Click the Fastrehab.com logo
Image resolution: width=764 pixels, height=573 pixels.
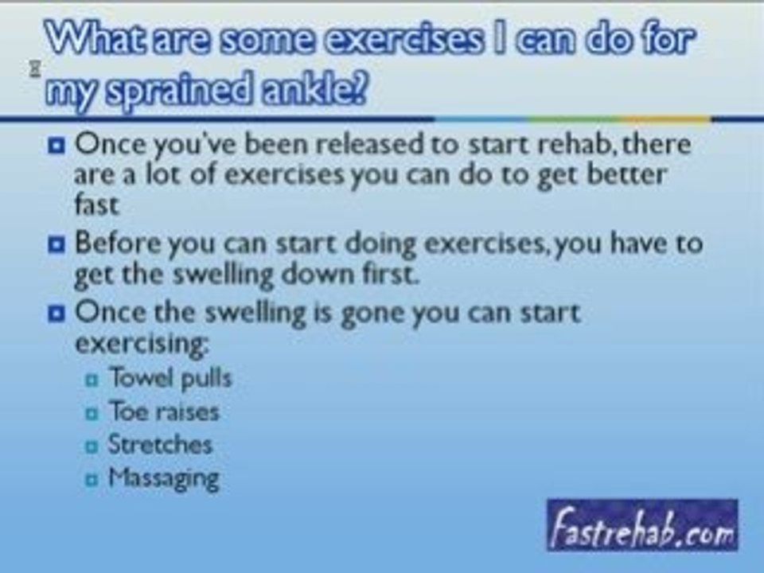coord(642,525)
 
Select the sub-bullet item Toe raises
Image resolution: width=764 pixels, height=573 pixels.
coord(164,411)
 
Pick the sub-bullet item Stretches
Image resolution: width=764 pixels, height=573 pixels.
coord(160,444)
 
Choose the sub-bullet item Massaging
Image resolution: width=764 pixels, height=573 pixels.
coord(164,478)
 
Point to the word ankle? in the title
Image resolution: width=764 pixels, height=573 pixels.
coord(314,88)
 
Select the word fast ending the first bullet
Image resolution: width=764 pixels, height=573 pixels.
coord(96,205)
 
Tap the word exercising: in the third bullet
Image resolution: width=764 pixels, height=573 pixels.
coord(142,345)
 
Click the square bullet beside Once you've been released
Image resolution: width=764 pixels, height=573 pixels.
coord(57,145)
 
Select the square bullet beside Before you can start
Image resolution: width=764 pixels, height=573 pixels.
coord(57,244)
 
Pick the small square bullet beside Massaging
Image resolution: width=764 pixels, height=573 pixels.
coord(92,480)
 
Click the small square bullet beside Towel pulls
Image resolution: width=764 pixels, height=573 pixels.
coord(92,380)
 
